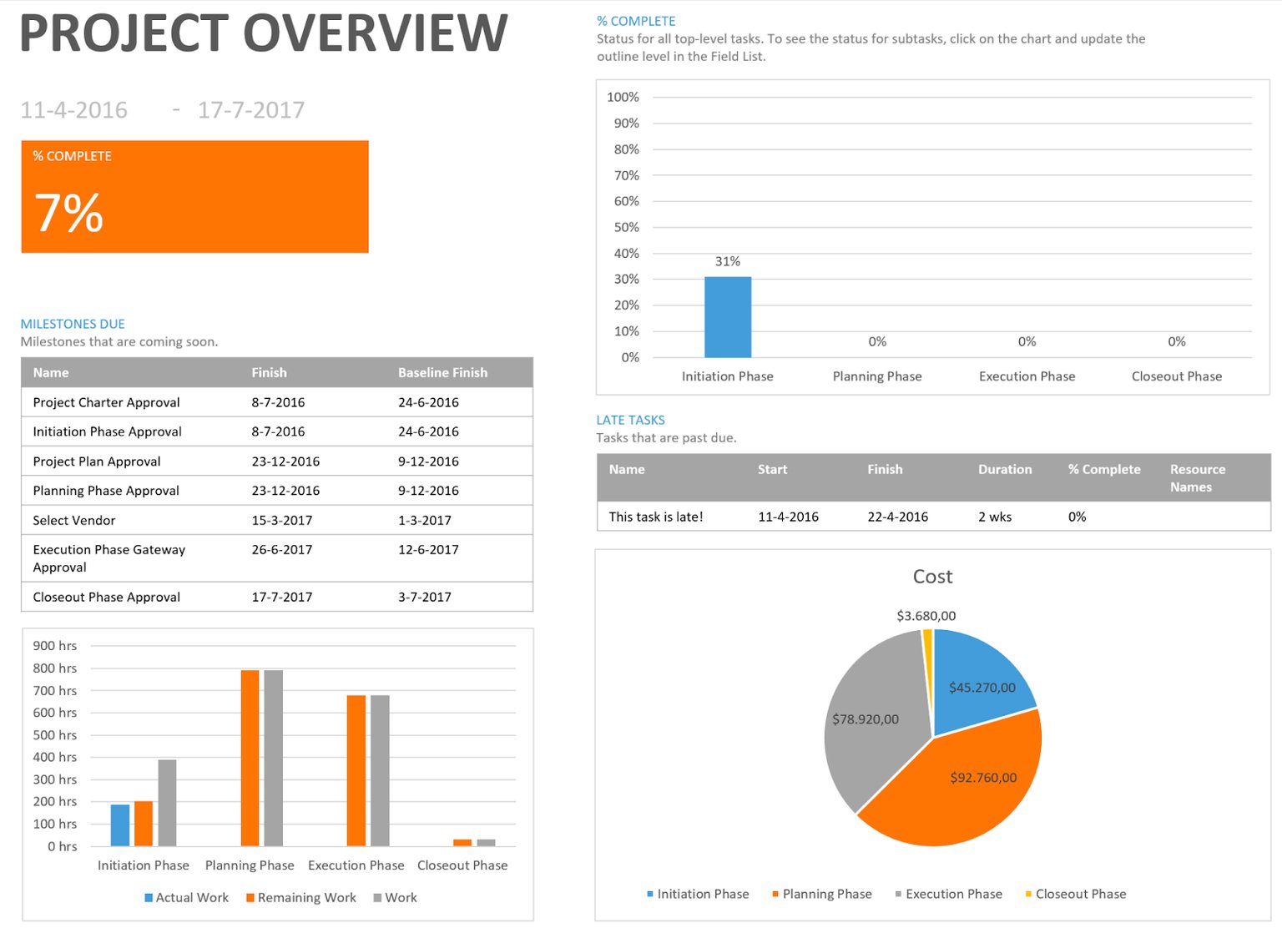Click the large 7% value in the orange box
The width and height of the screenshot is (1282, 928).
coord(69,213)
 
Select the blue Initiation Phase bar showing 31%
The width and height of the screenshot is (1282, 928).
coord(727,317)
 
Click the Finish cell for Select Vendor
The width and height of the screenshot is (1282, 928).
coord(282,520)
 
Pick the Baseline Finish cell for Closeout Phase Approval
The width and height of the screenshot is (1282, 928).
coord(424,597)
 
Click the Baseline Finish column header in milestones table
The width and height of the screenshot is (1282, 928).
coord(442,372)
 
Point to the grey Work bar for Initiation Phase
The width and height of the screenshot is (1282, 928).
coord(167,803)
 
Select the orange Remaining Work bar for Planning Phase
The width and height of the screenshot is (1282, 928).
coord(250,758)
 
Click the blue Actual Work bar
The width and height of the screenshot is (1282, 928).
coord(120,825)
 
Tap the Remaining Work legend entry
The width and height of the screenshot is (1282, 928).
coord(305,897)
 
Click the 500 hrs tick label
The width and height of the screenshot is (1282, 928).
coord(55,734)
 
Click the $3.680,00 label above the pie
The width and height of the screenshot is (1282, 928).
coord(926,616)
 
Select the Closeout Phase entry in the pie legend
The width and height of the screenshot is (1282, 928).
coord(1080,894)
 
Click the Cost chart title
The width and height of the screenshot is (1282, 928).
coord(932,577)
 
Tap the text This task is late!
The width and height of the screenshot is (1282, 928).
coord(655,517)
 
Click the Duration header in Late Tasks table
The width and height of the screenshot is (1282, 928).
coord(1005,469)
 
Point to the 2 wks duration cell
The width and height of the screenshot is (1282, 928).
coord(995,517)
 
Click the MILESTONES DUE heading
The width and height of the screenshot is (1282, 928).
coord(73,324)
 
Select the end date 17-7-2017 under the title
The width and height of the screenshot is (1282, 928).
coord(250,110)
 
